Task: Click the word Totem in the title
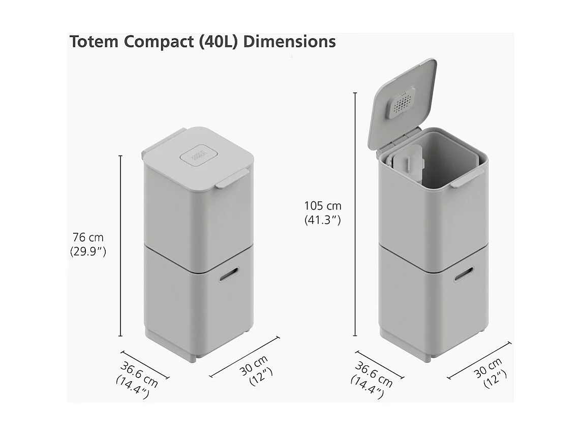pos(94,42)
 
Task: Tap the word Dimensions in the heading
pos(289,42)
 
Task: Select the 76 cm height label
pos(87,237)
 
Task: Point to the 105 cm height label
pos(323,206)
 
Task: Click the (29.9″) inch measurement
pos(88,251)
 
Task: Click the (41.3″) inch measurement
pos(323,220)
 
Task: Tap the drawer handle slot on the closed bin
pos(229,274)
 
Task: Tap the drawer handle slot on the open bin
pos(464,275)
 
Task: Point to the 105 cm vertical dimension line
pos(355,213)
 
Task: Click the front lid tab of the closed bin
pos(232,179)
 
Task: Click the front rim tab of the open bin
pos(467,178)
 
